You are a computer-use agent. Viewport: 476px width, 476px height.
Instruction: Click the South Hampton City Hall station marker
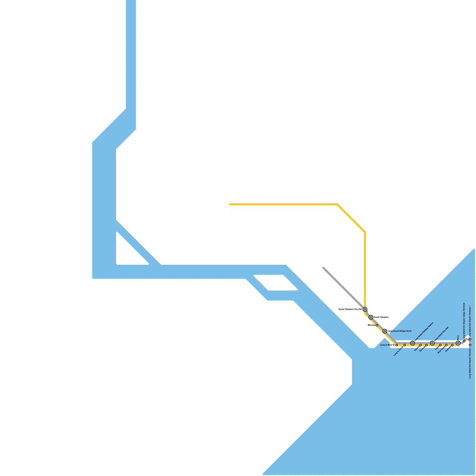pyautogui.click(x=365, y=309)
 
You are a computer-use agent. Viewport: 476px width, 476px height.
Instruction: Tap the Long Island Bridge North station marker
pyautogui.click(x=385, y=331)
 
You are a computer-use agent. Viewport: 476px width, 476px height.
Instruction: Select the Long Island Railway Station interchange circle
pyautogui.click(x=412, y=343)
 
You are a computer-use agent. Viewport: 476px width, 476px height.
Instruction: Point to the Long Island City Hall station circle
pyautogui.click(x=432, y=343)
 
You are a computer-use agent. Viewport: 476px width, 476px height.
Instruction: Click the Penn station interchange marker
pyautogui.click(x=458, y=343)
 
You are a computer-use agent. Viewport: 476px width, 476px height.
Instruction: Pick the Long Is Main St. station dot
pyautogui.click(x=397, y=345)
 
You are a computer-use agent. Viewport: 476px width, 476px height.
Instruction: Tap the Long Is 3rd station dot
pyautogui.click(x=405, y=345)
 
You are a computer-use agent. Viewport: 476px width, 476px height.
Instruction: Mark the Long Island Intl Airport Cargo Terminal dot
pyautogui.click(x=464, y=341)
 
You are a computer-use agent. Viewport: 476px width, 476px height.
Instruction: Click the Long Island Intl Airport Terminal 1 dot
pyautogui.click(x=470, y=339)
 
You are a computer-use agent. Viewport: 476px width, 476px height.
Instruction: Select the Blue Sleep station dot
pyautogui.click(x=446, y=345)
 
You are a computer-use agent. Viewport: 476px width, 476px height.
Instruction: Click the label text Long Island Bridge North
pyautogui.click(x=400, y=331)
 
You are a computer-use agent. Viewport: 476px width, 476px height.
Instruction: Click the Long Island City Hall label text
pyautogui.click(x=441, y=333)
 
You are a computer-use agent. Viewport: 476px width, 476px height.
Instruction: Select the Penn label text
pyautogui.click(x=458, y=337)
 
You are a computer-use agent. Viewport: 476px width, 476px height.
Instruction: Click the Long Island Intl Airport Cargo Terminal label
pyautogui.click(x=464, y=321)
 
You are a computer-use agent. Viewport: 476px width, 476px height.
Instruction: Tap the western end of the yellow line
pyautogui.click(x=230, y=204)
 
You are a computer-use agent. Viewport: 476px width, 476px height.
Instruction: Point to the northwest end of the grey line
pyautogui.click(x=323, y=268)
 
